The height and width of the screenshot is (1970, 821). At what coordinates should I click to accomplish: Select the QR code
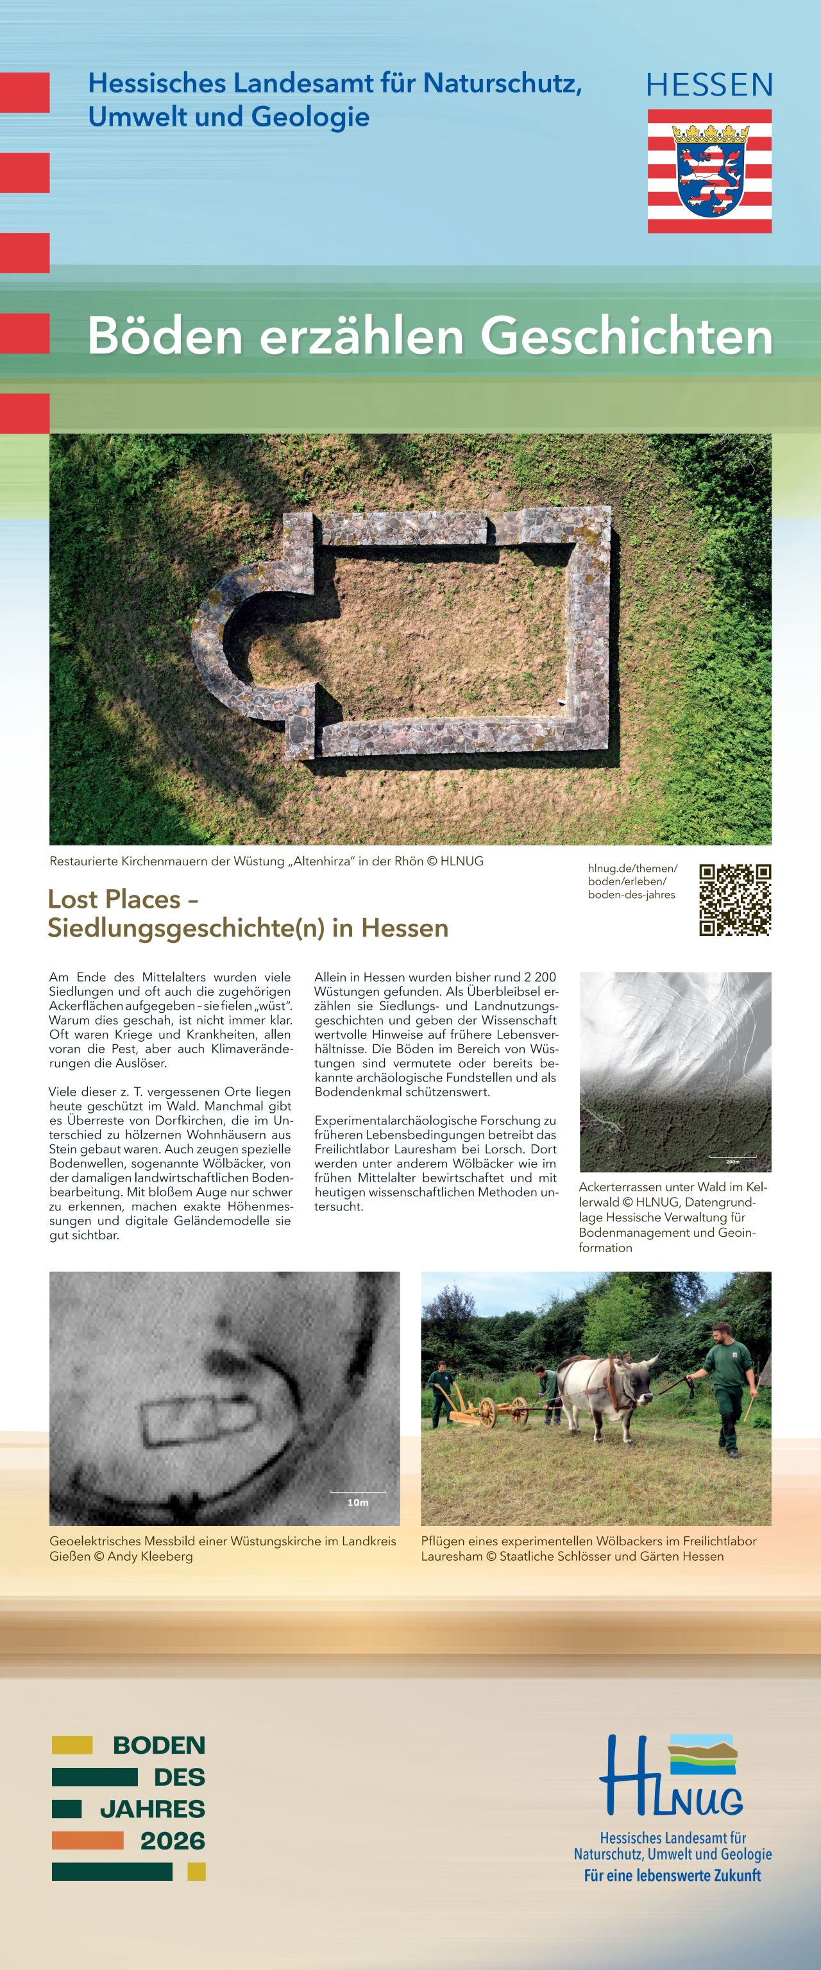(x=734, y=899)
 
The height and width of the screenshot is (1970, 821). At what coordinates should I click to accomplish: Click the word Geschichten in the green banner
(x=627, y=337)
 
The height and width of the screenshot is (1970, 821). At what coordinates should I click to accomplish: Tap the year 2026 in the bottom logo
(x=173, y=1841)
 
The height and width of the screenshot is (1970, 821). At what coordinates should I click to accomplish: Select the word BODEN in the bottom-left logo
(x=159, y=1745)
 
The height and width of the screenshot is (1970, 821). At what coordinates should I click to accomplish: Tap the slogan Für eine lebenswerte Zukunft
(x=672, y=1875)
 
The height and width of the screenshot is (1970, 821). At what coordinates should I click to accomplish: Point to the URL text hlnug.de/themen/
(x=632, y=868)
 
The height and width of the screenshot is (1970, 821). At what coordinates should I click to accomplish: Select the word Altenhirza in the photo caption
(x=322, y=861)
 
